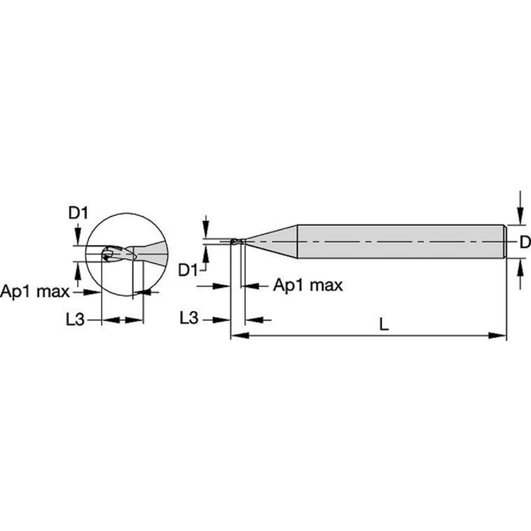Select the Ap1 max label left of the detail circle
click(x=35, y=292)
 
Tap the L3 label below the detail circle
click(x=75, y=320)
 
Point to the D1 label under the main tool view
click(x=187, y=270)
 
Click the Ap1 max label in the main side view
click(x=308, y=286)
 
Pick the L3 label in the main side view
click(x=189, y=319)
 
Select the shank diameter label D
click(x=524, y=243)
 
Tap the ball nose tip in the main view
click(x=234, y=242)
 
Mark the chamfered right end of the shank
click(x=505, y=242)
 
